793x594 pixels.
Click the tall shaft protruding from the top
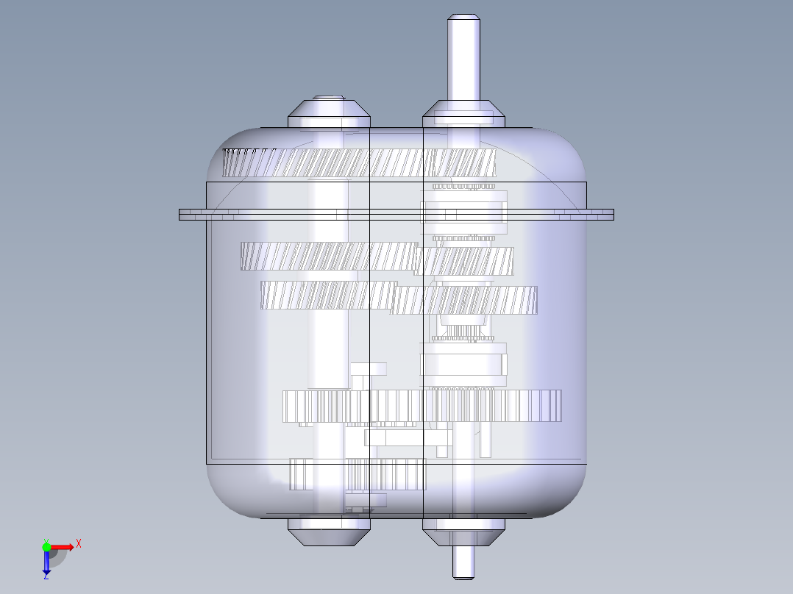pos(463,59)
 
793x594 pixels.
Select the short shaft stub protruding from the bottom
pos(463,562)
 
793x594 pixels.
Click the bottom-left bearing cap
pos(328,532)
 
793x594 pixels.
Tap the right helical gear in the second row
pos(465,261)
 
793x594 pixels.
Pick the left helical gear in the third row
pos(327,295)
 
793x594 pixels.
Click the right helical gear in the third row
pos(465,300)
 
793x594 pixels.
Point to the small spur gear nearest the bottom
pos(358,475)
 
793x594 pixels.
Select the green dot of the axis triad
pos(46,546)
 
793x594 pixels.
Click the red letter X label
pos(78,544)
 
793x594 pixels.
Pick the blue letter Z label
pos(46,577)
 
